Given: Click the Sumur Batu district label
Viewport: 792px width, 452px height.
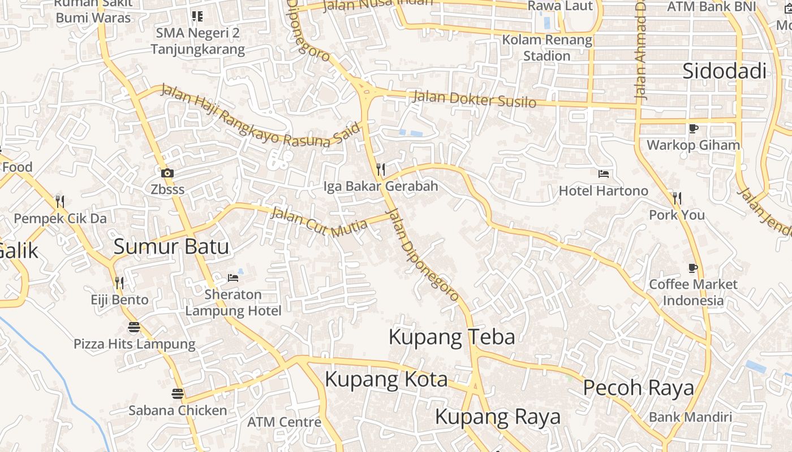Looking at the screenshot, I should [x=171, y=247].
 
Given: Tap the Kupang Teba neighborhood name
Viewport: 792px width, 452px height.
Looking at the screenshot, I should [x=451, y=337].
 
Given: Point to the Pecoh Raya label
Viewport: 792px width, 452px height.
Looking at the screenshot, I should [x=638, y=388].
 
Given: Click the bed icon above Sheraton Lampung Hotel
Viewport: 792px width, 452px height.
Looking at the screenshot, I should [x=233, y=277].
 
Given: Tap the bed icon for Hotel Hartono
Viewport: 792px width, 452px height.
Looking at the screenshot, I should [x=604, y=173].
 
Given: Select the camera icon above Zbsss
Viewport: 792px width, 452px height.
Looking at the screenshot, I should [x=167, y=173].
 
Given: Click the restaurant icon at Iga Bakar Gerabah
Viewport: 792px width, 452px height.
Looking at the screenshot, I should [x=381, y=169].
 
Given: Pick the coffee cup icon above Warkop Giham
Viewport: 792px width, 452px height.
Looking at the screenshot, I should [x=693, y=128].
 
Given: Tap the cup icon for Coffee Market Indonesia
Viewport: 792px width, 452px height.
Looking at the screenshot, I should [x=693, y=268].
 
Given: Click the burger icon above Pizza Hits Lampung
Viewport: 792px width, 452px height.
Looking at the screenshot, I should [x=134, y=327].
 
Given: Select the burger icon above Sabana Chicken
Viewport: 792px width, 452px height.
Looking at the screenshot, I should [x=178, y=394].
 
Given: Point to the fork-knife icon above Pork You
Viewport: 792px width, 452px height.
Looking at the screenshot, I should [x=677, y=198].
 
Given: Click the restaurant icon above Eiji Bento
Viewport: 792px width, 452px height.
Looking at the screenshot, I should [x=119, y=282].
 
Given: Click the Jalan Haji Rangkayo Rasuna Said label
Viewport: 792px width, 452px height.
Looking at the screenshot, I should [x=260, y=116].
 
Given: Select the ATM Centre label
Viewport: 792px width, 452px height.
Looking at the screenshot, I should [x=284, y=422].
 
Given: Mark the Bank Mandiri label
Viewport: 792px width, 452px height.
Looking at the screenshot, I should [x=690, y=418].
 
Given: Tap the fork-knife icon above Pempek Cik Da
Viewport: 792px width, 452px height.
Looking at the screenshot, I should [x=60, y=202].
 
